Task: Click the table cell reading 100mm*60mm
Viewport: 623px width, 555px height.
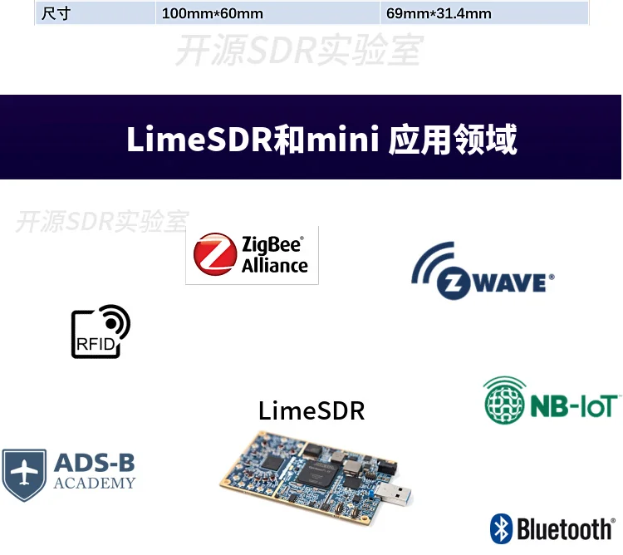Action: pos(212,13)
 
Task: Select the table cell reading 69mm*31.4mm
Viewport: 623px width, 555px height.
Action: pos(439,13)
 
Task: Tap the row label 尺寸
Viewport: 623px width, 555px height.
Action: pos(56,13)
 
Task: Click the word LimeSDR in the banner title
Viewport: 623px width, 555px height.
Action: pos(199,140)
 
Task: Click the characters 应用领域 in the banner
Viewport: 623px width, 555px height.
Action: pos(454,140)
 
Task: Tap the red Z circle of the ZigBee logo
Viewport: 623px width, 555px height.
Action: pos(214,254)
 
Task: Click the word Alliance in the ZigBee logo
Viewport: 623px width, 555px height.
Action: pos(275,266)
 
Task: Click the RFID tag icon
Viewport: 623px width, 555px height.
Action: pos(101,332)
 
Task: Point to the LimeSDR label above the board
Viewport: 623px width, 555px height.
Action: pos(311,410)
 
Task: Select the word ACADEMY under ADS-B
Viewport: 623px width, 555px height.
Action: pos(94,484)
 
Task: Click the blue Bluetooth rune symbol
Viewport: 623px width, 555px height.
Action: pos(501,528)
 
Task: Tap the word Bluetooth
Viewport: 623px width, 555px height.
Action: pos(565,529)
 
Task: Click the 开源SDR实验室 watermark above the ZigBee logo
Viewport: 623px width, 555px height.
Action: pos(102,222)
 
